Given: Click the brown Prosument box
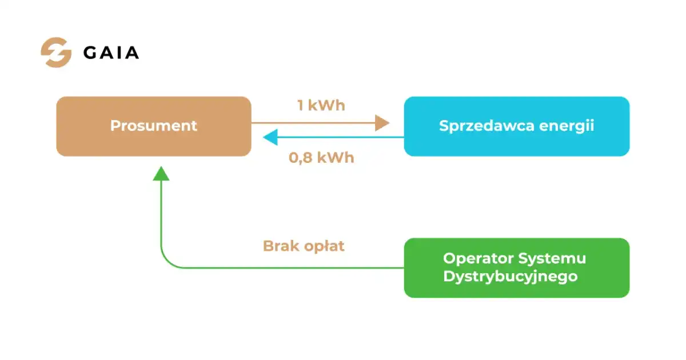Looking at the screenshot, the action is point(154,126).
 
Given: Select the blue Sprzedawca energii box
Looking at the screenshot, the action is point(517,126).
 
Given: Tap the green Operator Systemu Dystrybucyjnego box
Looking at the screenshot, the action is point(517,268).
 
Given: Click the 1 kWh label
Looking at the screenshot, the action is point(321,105).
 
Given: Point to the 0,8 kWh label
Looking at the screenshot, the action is point(321,158).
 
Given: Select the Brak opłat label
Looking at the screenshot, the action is point(304,246).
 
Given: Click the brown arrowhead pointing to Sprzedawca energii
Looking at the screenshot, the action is point(382,123).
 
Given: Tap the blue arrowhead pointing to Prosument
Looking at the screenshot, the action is point(270,137).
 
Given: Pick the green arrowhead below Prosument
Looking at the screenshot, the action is point(161,173).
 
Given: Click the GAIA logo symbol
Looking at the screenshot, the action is point(57,53).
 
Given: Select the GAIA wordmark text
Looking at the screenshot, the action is point(111,53).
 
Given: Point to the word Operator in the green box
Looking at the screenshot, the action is point(478,258).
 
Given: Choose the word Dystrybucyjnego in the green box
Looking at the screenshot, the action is point(510,277).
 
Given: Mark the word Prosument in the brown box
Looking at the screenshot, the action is point(154,126).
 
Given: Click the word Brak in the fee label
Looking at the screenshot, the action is point(281,246).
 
